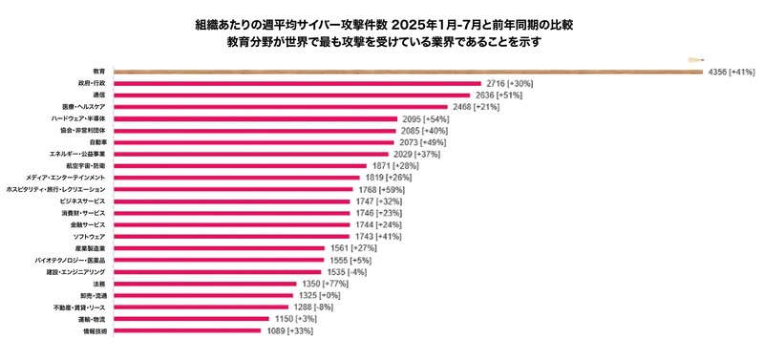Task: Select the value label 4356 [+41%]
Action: [x=731, y=73]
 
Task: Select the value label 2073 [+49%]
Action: [x=425, y=141]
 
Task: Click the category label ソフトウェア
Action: [x=89, y=236]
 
